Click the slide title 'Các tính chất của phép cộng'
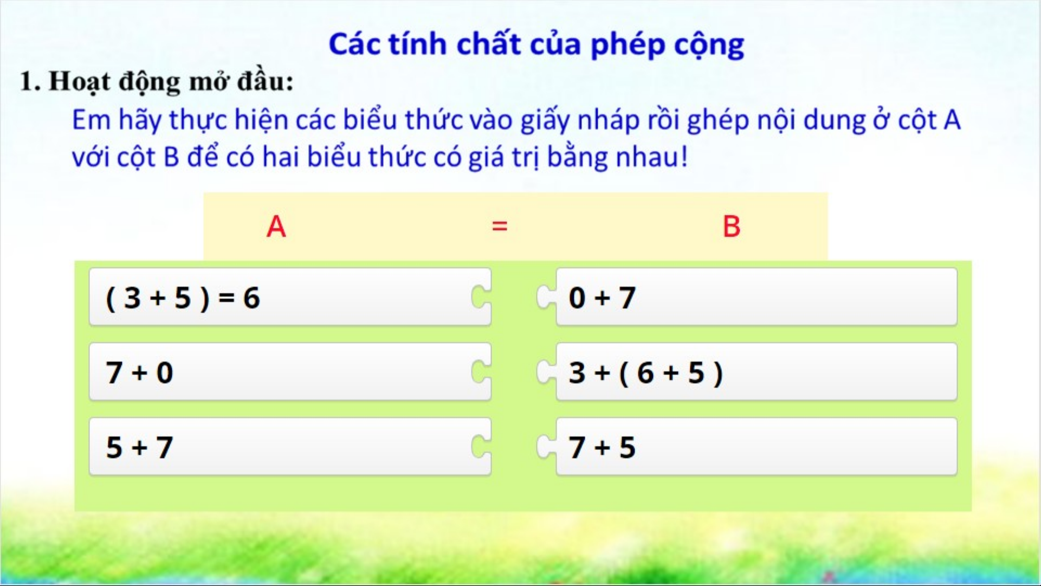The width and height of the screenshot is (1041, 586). (536, 45)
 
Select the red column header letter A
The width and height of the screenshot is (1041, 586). (276, 227)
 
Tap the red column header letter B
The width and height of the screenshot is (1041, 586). (732, 227)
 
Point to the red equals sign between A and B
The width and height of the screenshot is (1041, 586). (499, 226)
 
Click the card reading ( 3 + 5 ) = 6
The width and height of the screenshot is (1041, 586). (290, 297)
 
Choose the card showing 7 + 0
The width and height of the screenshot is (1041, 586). (290, 372)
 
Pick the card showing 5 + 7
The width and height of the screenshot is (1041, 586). (290, 447)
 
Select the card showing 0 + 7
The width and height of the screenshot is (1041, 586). (756, 297)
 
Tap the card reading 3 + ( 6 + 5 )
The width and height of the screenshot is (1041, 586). (756, 372)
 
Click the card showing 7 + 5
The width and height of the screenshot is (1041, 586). (756, 447)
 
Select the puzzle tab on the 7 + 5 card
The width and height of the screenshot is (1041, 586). (546, 447)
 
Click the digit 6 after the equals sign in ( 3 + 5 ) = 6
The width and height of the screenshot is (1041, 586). (251, 298)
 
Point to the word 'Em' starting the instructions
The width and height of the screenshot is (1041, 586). (90, 120)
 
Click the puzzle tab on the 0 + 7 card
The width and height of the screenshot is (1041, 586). (546, 297)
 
